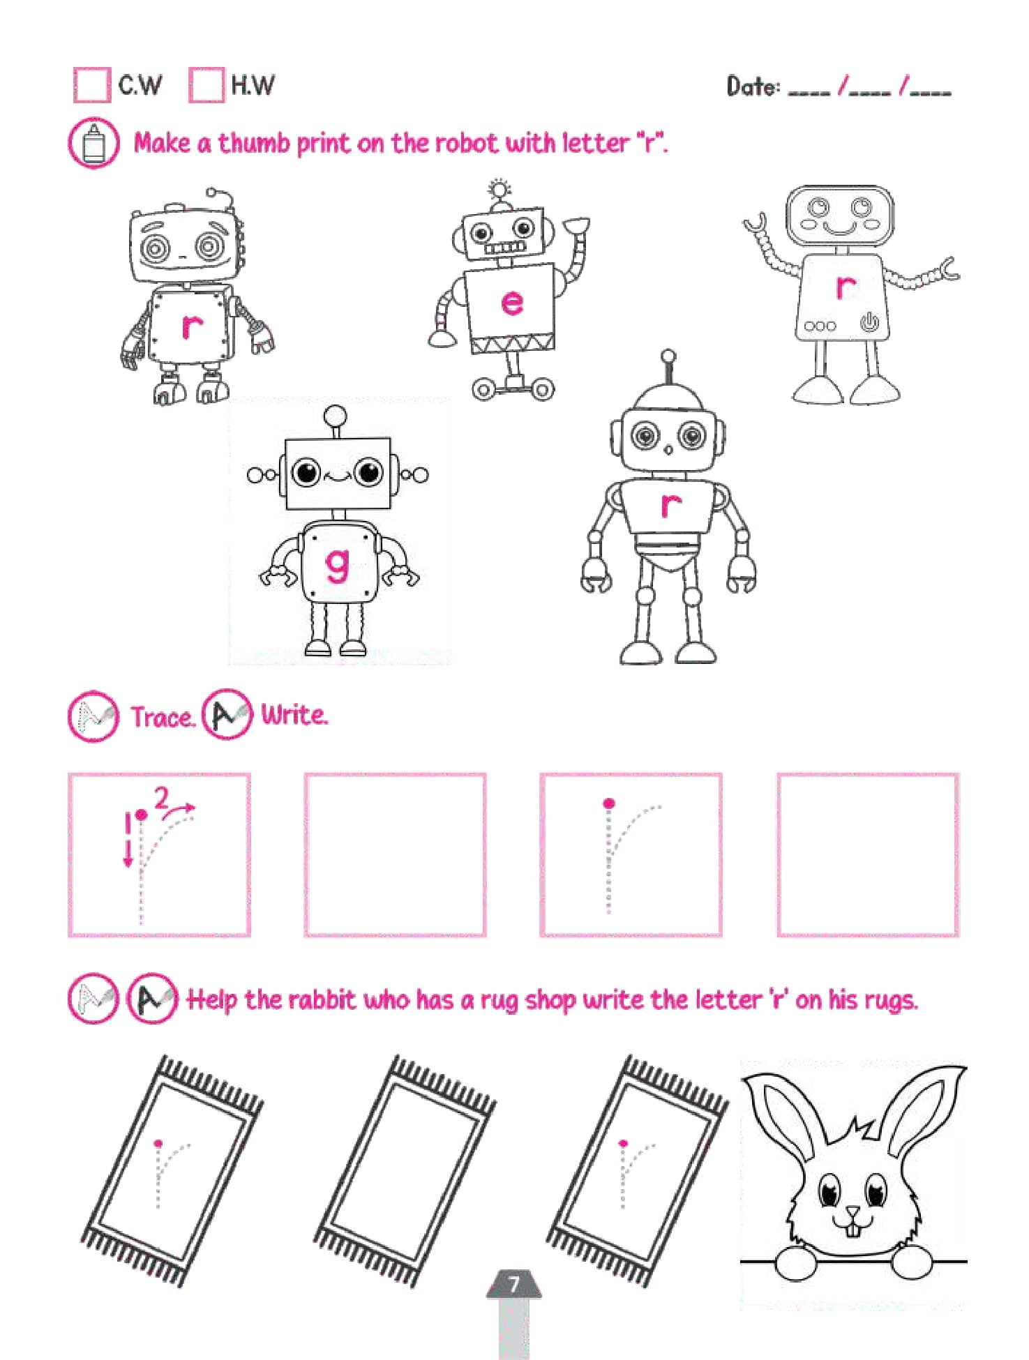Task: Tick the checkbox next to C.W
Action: click(92, 85)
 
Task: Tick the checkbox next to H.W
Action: click(206, 85)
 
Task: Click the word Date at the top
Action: click(753, 86)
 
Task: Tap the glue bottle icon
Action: click(93, 144)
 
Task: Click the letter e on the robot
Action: click(512, 303)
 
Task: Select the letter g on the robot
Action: click(337, 564)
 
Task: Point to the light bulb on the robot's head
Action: click(500, 190)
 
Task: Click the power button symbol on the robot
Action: click(869, 322)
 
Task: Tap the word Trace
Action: click(163, 717)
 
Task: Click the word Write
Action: click(294, 715)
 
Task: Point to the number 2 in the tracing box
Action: click(162, 796)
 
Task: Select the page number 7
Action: click(514, 1284)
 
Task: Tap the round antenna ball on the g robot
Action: click(336, 416)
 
